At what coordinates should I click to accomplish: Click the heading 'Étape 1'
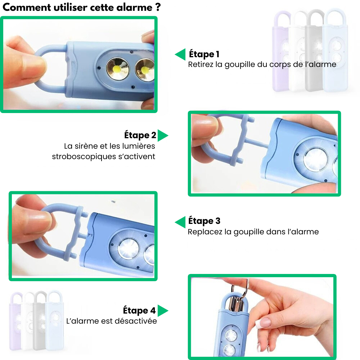click(x=204, y=54)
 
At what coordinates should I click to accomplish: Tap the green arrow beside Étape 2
click(x=163, y=135)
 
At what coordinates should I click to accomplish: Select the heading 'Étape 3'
click(x=204, y=221)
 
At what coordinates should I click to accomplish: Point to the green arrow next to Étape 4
click(x=163, y=311)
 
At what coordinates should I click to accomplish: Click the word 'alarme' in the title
click(x=134, y=8)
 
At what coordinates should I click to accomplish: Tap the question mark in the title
click(x=158, y=7)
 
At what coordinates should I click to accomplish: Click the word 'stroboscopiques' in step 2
click(x=84, y=157)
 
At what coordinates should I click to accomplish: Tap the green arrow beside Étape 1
click(x=180, y=54)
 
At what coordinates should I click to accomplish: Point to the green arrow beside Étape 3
click(x=180, y=222)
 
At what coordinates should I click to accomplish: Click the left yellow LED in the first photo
click(x=117, y=68)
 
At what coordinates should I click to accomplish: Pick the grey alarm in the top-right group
click(x=314, y=50)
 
